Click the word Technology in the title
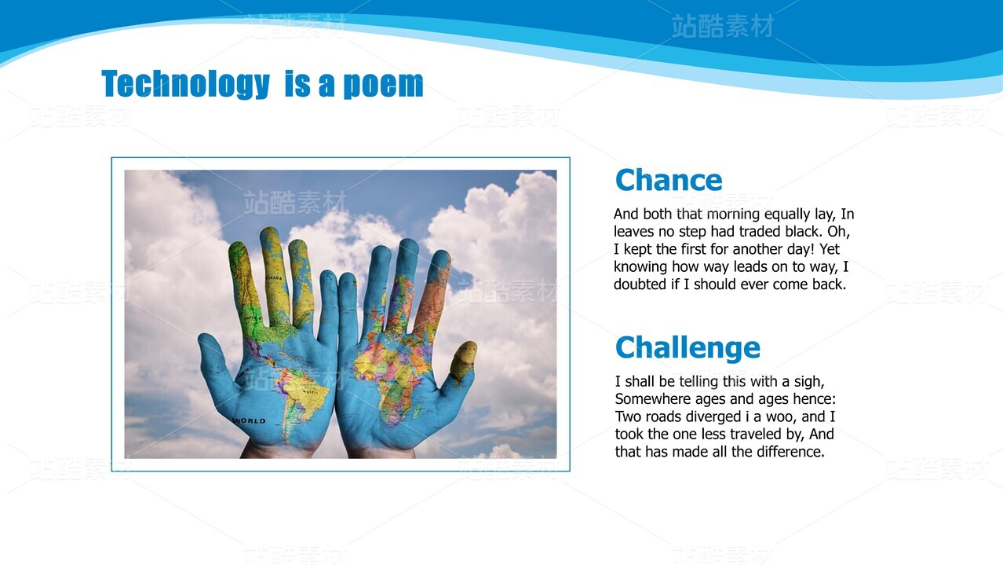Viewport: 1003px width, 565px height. [x=185, y=84]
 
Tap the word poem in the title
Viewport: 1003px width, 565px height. [x=383, y=84]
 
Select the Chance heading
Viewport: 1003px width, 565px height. [x=669, y=180]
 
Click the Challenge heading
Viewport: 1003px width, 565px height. [x=688, y=347]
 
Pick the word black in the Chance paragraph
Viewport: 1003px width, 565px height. [x=803, y=231]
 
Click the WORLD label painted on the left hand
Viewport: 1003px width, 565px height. [x=249, y=421]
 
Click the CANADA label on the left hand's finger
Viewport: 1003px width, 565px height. [x=275, y=278]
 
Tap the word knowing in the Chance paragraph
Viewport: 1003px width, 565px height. [x=640, y=267]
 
